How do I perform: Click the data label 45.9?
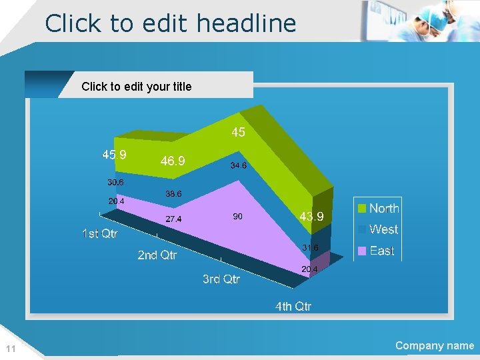tap(114, 155)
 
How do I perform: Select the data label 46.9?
tap(173, 161)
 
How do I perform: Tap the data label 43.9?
tap(311, 217)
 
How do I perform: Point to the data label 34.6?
tap(239, 165)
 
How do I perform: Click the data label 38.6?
tap(173, 194)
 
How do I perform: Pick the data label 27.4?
tap(173, 219)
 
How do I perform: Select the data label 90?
tap(237, 216)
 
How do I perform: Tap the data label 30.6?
tap(115, 182)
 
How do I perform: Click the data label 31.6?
tap(310, 248)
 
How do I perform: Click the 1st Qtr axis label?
tap(100, 234)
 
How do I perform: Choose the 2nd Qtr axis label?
tap(157, 255)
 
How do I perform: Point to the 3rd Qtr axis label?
tap(221, 279)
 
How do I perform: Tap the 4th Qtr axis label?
tap(293, 307)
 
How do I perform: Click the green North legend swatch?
tap(362, 209)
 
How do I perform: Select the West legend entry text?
tap(383, 229)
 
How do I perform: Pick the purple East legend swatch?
tap(362, 251)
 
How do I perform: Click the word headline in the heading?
tap(246, 23)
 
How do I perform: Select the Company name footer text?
tap(435, 345)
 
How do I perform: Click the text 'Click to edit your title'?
tap(136, 87)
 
